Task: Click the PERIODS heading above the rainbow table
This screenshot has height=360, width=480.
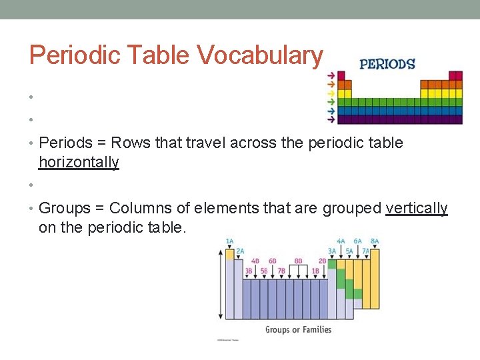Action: point(387,64)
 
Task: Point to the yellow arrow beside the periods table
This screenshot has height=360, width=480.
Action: point(331,93)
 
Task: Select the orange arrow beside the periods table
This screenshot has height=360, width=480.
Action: point(331,85)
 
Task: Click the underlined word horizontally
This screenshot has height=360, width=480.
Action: point(79,162)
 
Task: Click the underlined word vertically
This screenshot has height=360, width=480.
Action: point(417,208)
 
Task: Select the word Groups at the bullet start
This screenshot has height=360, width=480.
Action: point(64,208)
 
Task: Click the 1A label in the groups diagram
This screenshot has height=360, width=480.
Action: point(229,241)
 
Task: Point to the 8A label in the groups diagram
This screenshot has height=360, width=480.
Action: point(374,241)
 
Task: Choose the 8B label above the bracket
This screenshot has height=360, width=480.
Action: point(298,261)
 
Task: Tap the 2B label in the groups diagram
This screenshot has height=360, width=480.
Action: point(323,261)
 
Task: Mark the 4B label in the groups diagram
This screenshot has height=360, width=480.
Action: point(255,261)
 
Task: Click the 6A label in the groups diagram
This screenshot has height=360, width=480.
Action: point(357,241)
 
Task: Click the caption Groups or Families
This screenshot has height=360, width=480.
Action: point(298,329)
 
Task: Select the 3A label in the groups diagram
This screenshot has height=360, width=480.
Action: point(332,251)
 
